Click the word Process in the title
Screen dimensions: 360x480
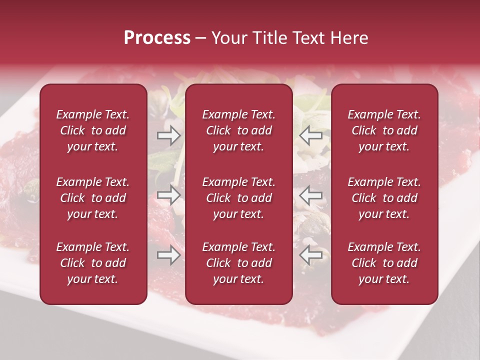pos(157,38)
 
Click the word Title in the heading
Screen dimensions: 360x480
pos(270,38)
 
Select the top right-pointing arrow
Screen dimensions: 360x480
pos(168,134)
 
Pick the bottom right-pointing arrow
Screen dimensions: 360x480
pos(168,255)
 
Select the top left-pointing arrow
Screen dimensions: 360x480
pos(311,134)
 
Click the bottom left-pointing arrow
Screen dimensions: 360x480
pos(311,255)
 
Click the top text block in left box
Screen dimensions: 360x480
pos(93,130)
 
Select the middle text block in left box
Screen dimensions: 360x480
pos(93,198)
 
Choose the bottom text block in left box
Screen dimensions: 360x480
pos(93,263)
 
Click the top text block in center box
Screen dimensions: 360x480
pos(238,130)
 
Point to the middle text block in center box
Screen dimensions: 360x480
pos(238,198)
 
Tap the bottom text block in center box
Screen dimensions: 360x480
pos(238,263)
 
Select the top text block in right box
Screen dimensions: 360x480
pos(384,130)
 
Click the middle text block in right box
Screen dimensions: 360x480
pos(384,198)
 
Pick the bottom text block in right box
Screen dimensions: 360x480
pos(384,263)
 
